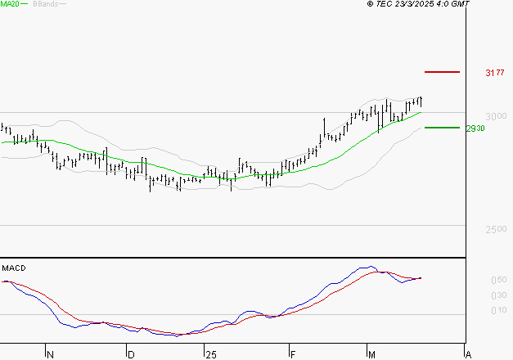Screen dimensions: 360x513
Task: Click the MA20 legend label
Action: pyautogui.click(x=11, y=4)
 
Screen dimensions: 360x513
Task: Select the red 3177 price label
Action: pyautogui.click(x=494, y=73)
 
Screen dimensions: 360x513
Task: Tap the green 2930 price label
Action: pyautogui.click(x=476, y=128)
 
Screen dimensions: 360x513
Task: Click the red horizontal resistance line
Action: pyautogui.click(x=443, y=72)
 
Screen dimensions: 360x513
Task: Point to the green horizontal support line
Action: pyautogui.click(x=442, y=128)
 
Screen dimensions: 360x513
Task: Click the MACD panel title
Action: pyautogui.click(x=13, y=268)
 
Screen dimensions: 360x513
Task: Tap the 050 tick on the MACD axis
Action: pyautogui.click(x=475, y=280)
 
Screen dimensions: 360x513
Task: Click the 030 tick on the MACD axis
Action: pyautogui.click(x=475, y=295)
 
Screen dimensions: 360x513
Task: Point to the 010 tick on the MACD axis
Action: pyautogui.click(x=475, y=310)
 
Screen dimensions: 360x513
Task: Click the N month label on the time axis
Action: pyautogui.click(x=50, y=355)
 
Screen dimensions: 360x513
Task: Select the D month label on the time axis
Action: pyautogui.click(x=130, y=355)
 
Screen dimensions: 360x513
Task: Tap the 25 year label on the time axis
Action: pyautogui.click(x=210, y=355)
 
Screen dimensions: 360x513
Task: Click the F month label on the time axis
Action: pyautogui.click(x=291, y=355)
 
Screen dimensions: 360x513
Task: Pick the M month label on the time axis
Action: pyautogui.click(x=371, y=355)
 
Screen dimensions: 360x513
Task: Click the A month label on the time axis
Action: pyautogui.click(x=468, y=355)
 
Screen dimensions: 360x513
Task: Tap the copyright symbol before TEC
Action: pyautogui.click(x=370, y=4)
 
